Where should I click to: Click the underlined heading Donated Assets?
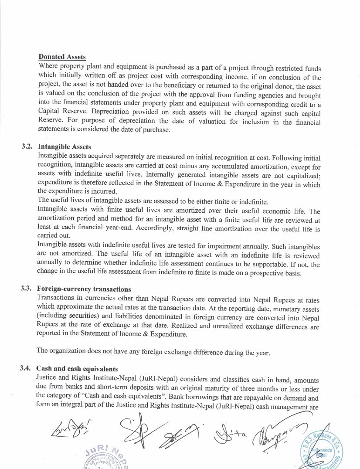(62, 57)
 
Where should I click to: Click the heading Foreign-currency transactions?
(84, 289)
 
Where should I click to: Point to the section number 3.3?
(27, 289)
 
